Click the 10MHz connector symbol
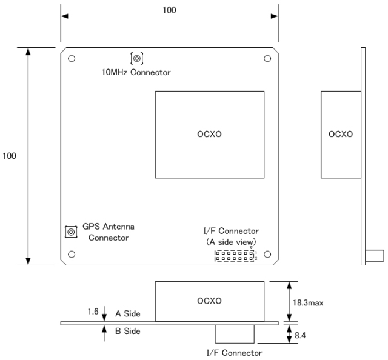(137, 59)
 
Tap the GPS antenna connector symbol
(71, 232)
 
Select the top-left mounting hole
(72, 59)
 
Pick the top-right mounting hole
(267, 59)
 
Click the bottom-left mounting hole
(72, 255)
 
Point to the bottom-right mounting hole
(267, 255)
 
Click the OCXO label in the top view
(209, 134)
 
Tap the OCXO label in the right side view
(341, 134)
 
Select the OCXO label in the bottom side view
(209, 301)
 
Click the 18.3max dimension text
(308, 303)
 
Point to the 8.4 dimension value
(300, 335)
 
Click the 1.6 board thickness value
(93, 312)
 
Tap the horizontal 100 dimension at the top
(169, 10)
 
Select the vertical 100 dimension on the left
(10, 156)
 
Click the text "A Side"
(128, 314)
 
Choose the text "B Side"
(128, 331)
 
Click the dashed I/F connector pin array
(235, 256)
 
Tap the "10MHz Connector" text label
(136, 73)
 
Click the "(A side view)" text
(231, 242)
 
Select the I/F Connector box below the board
(235, 334)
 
